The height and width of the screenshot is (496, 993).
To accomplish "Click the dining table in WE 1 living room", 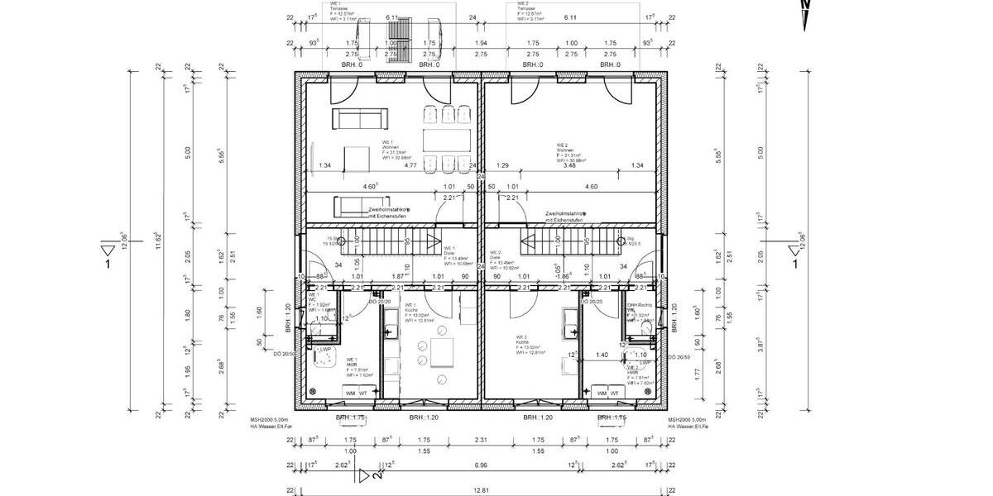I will click(x=447, y=138).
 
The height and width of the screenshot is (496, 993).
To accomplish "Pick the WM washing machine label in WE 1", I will click(x=350, y=392).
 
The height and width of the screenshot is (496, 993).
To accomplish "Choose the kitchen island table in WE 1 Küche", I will click(x=441, y=354).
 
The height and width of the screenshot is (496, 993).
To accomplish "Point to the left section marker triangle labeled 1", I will click(x=107, y=250).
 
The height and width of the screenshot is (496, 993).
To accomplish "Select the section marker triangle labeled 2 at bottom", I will click(x=366, y=475).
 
